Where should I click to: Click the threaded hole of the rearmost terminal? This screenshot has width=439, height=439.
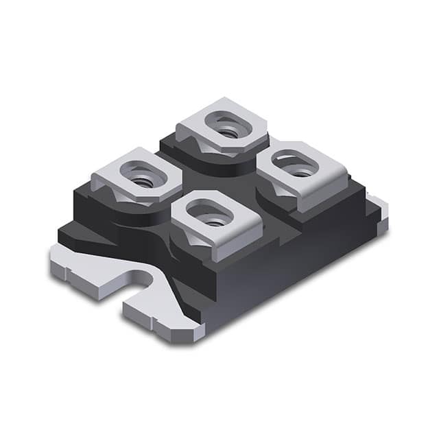point(222,128)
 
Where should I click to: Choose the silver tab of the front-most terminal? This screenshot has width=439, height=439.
point(244,219)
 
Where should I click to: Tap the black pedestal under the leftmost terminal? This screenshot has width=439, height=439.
point(103,209)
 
